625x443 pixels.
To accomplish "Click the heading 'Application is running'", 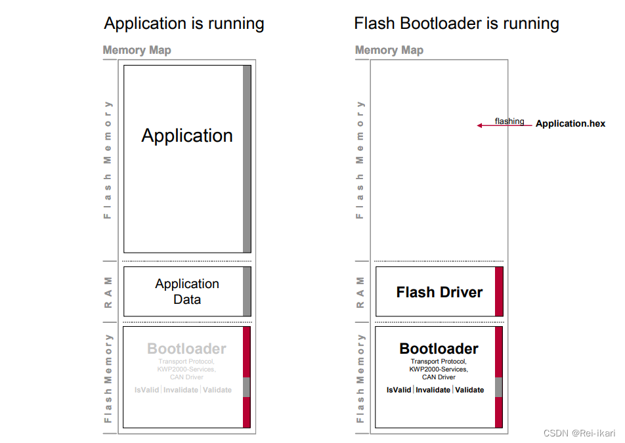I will (x=184, y=24).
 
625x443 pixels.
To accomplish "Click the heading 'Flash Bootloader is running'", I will (x=456, y=24).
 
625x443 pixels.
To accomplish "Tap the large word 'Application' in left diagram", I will (x=187, y=136).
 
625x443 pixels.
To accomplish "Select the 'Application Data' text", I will (x=187, y=291).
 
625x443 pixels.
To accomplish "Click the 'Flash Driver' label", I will (x=439, y=293).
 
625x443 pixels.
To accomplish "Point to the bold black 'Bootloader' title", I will (x=439, y=348).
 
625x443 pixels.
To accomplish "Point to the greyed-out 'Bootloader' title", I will (x=186, y=348).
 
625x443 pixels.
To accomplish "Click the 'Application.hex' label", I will (x=570, y=123).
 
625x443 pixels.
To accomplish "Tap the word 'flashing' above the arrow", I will (x=509, y=121).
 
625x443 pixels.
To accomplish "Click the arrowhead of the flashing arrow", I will (x=480, y=125).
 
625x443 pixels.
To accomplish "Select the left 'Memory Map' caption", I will (x=137, y=50).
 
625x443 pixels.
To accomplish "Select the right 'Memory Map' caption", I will (x=389, y=50).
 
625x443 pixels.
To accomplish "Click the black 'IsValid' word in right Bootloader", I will (x=399, y=390).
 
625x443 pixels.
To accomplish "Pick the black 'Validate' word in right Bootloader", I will (x=469, y=390).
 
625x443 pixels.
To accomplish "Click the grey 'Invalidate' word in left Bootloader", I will (x=180, y=390).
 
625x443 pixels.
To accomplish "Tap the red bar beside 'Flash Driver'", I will (x=499, y=291).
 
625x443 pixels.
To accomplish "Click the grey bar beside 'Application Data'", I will (x=247, y=291).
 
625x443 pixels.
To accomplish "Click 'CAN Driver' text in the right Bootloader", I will (x=439, y=377).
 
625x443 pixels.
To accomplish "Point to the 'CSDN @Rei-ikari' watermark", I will (x=580, y=434).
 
